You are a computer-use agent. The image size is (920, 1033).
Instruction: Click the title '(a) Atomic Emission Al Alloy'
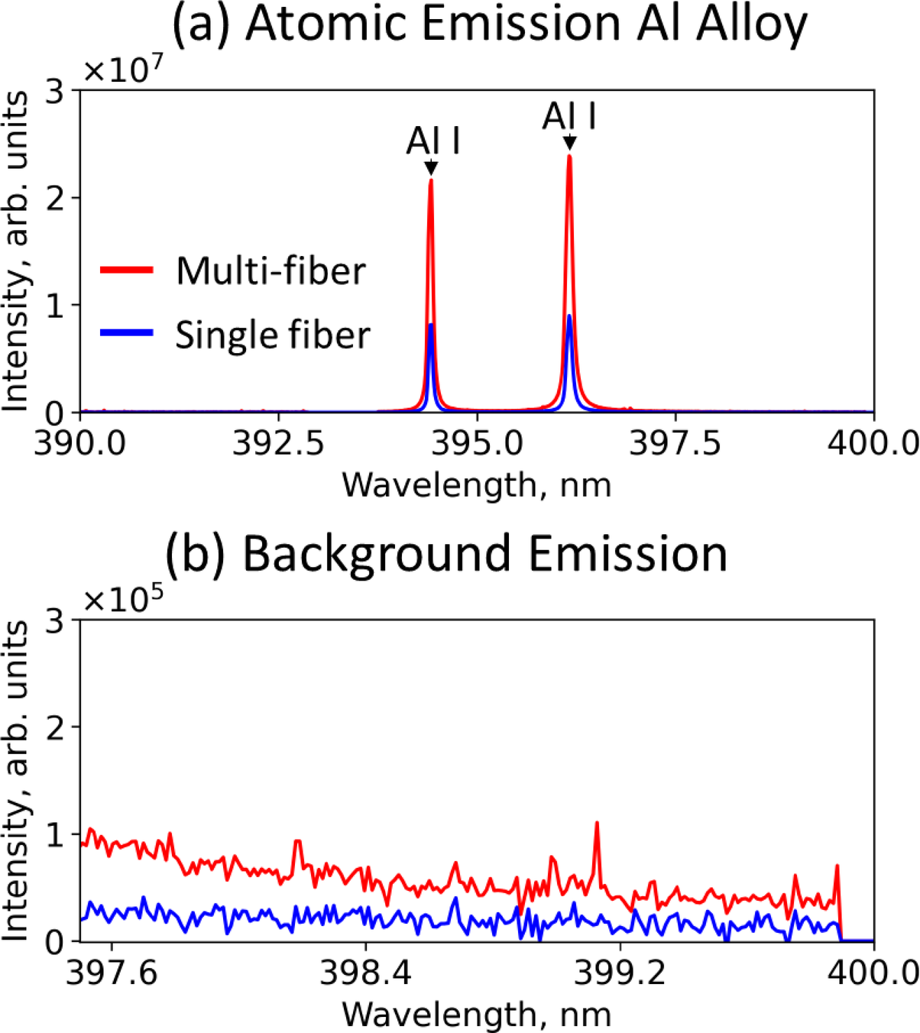[489, 24]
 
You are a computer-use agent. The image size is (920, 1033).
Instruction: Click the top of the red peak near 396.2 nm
[569, 157]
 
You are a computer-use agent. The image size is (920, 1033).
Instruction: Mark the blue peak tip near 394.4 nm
[431, 325]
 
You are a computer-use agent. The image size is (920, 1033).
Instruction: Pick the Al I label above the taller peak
[569, 118]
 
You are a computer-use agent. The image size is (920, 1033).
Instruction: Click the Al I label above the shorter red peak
[432, 141]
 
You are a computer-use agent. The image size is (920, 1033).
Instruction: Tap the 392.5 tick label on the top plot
[278, 443]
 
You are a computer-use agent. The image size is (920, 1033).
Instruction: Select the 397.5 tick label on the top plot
[675, 443]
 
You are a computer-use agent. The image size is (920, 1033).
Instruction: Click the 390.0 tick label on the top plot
[80, 443]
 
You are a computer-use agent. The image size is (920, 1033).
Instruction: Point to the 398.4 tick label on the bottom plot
[365, 973]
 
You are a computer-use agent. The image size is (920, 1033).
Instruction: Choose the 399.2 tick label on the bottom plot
[620, 973]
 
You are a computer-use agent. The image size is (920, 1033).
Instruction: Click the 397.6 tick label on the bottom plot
[112, 973]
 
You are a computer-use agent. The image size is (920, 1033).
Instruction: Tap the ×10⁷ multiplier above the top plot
[122, 71]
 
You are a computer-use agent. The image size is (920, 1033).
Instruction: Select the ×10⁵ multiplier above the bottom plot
[122, 601]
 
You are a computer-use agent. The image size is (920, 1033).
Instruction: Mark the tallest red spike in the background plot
[597, 824]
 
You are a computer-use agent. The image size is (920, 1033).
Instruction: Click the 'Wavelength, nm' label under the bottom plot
[476, 1014]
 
